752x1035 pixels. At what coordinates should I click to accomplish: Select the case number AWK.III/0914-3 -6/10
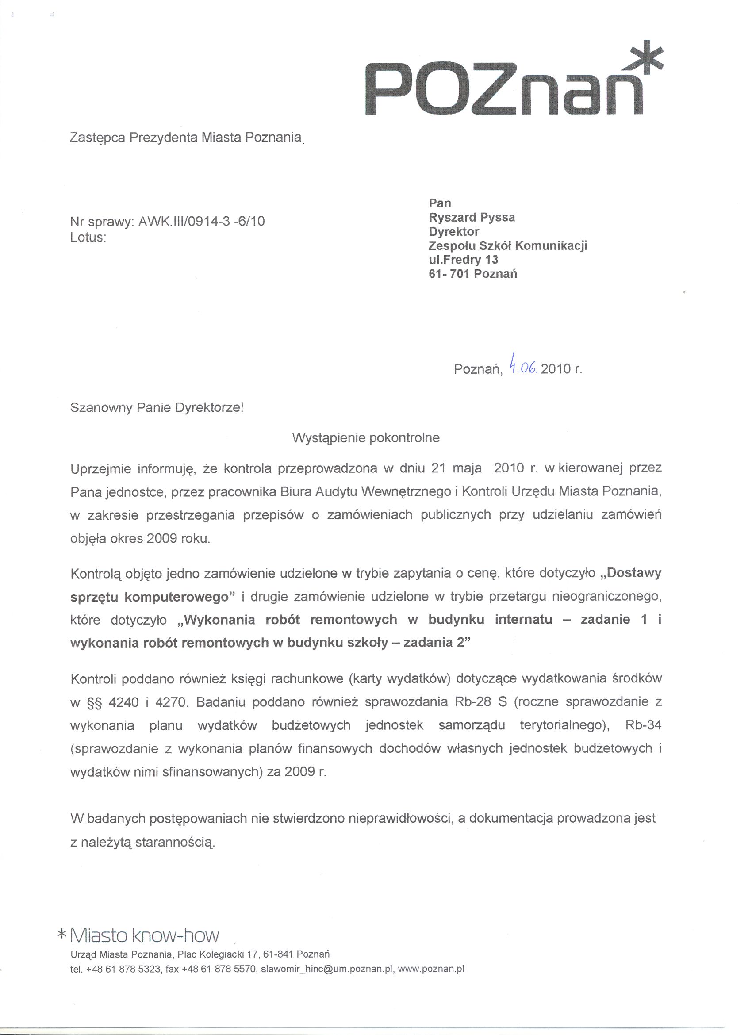201,222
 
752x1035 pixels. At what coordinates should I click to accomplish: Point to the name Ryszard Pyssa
472,217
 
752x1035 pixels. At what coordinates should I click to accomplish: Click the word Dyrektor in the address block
453,231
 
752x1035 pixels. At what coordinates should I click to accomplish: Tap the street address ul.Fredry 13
463,260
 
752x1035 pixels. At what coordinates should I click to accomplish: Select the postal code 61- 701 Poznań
472,274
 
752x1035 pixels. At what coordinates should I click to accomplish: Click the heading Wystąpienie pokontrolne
365,438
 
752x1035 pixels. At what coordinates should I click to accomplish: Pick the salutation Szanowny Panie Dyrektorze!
157,407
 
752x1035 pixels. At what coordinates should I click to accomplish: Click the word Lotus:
88,238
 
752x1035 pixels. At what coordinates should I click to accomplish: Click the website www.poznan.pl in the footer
431,969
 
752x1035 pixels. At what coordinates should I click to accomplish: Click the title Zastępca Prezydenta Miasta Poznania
186,138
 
